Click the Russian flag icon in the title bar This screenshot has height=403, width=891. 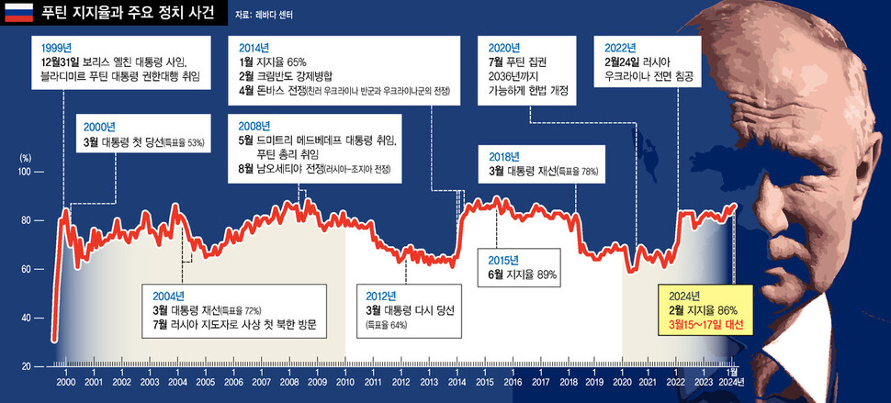coord(17,14)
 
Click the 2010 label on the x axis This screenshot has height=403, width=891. coord(345,381)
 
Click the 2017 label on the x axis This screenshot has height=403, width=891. coord(540,381)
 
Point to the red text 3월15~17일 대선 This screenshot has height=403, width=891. coord(705,326)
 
